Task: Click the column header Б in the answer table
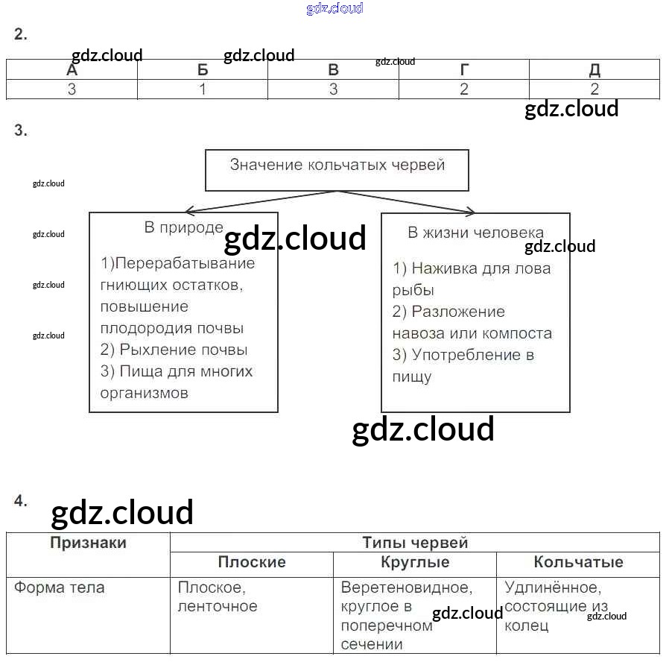click(x=203, y=70)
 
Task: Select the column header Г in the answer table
click(x=464, y=70)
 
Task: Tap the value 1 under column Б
click(x=203, y=89)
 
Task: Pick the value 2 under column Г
click(x=464, y=89)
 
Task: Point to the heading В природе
click(x=183, y=228)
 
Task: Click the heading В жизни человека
click(x=475, y=233)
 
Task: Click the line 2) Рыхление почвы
click(x=174, y=350)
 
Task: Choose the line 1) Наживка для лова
click(x=472, y=268)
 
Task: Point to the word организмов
click(x=144, y=393)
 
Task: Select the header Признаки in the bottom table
click(x=88, y=543)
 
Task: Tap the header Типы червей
click(x=415, y=543)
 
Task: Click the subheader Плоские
click(x=252, y=562)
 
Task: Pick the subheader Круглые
click(x=415, y=562)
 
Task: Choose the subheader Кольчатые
click(x=578, y=562)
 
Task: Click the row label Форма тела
click(x=60, y=587)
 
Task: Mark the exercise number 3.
click(x=20, y=130)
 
